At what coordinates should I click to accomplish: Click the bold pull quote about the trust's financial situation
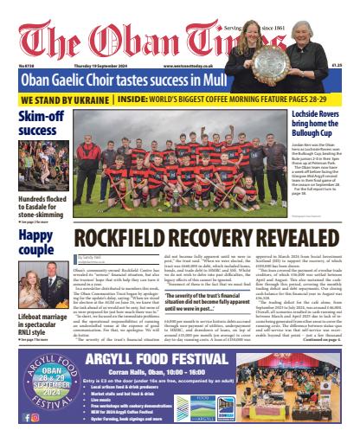pos(213,304)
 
